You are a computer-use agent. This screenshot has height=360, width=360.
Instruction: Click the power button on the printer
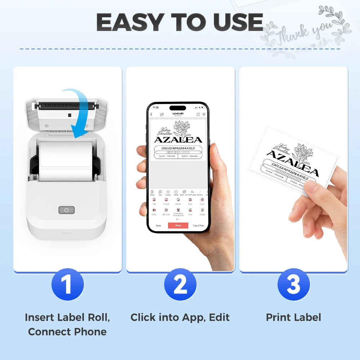(66, 210)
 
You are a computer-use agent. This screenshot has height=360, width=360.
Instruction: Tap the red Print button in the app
(178, 226)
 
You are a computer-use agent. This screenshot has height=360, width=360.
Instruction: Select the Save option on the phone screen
(158, 226)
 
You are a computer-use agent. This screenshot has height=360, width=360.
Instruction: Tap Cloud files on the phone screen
(198, 226)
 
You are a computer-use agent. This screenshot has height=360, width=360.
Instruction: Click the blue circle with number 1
(67, 284)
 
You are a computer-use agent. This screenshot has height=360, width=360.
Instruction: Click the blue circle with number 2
(180, 284)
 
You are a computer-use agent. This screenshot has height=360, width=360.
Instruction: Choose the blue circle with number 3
(293, 284)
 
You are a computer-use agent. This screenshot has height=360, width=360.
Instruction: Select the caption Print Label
(293, 317)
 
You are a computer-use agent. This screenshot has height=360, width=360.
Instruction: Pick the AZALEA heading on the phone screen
(178, 140)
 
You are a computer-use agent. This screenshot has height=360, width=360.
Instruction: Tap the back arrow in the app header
(151, 114)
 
